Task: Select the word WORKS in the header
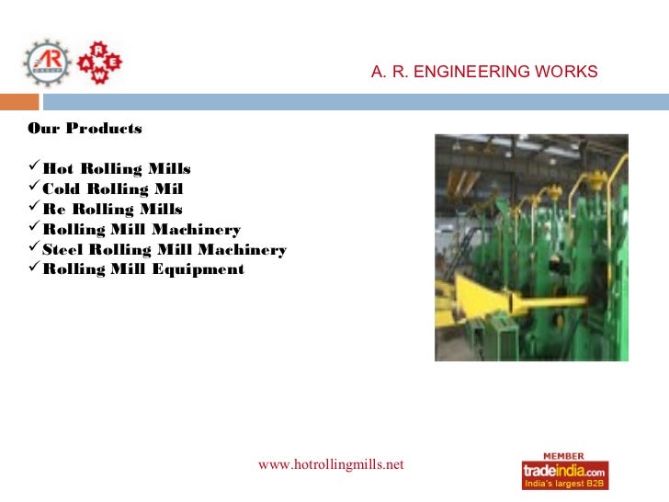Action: pos(567,72)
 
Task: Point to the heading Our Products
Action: pos(85,128)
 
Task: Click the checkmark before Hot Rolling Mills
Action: pos(35,168)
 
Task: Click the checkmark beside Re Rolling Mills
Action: pos(35,209)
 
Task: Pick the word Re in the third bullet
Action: pos(53,210)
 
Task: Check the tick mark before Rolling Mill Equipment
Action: pos(35,269)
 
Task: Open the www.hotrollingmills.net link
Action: pos(331,464)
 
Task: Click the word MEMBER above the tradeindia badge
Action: pos(564,454)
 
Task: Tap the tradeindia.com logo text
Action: pos(564,470)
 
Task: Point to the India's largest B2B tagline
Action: pos(564,484)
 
